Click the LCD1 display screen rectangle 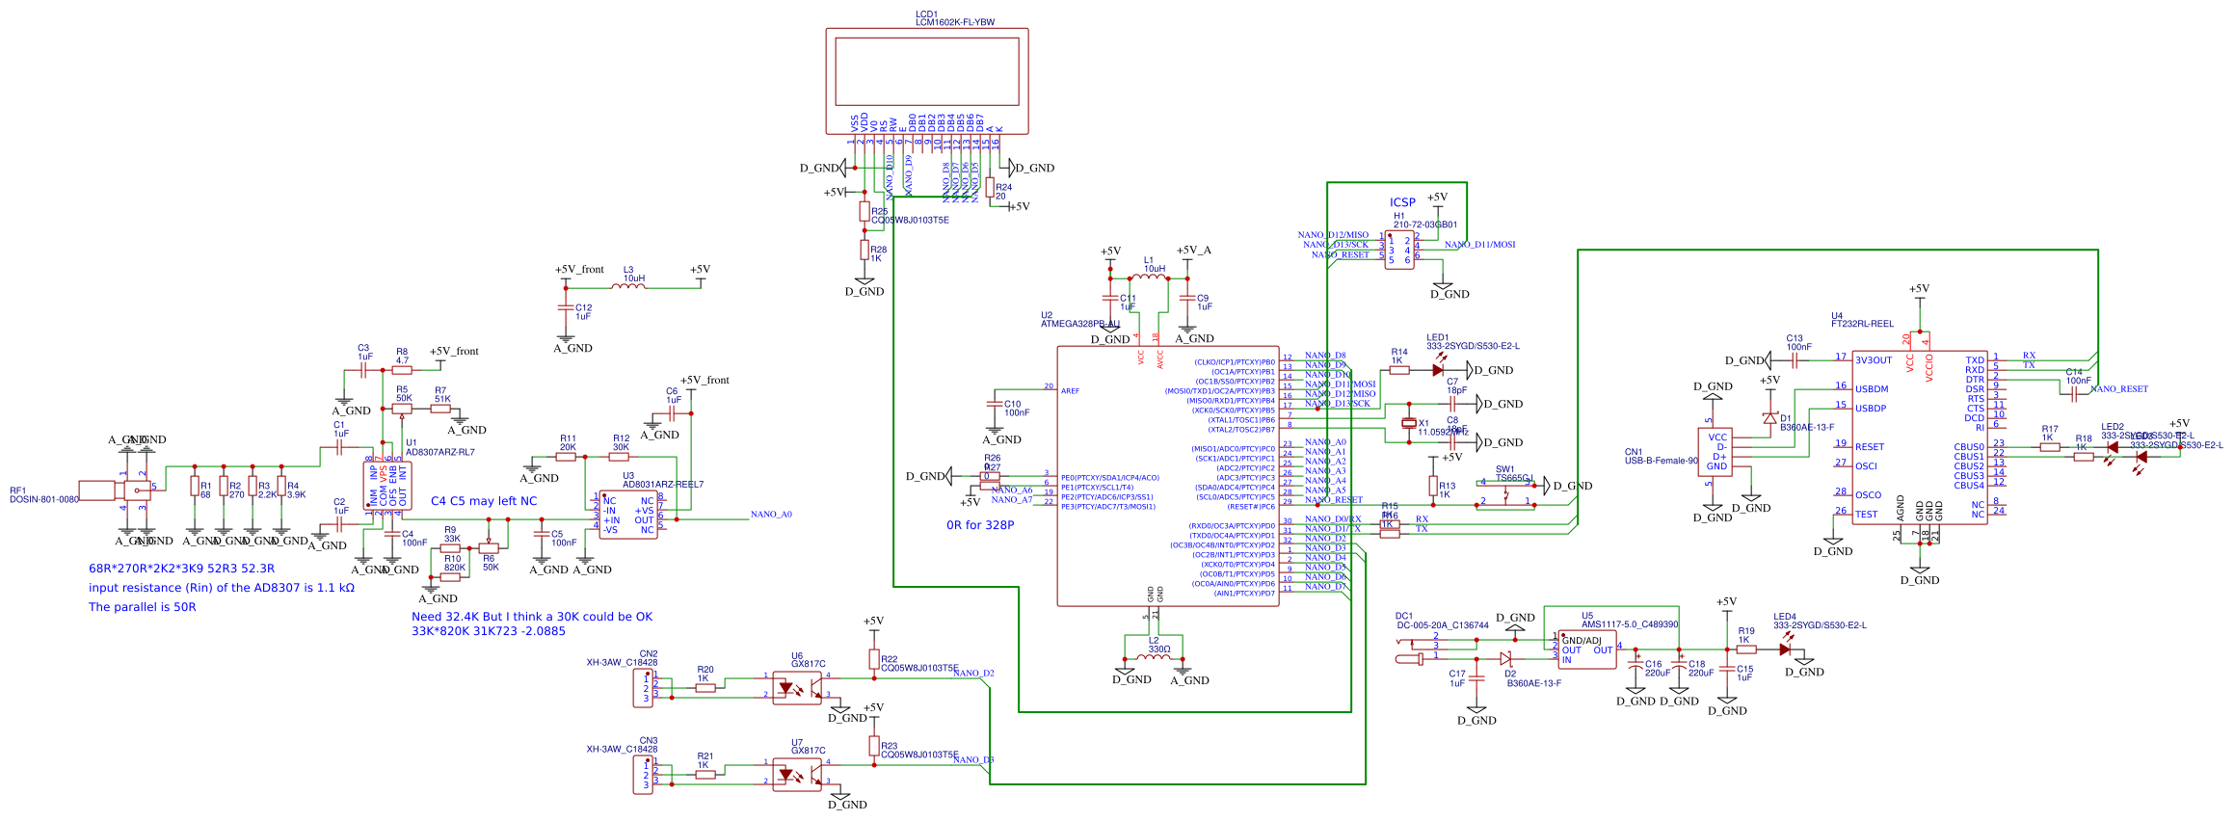pos(926,71)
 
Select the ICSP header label pos(1402,202)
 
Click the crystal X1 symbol pos(1409,423)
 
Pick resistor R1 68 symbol pos(195,487)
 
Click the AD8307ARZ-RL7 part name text pos(439,452)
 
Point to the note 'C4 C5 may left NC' pos(483,501)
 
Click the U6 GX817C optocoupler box pos(798,688)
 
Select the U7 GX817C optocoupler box pos(798,775)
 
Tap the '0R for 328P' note pos(979,525)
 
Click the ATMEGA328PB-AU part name pos(1079,324)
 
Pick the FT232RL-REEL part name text pos(1862,324)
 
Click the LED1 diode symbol pos(1438,370)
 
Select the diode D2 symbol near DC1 pos(1505,658)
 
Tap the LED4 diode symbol pos(1785,649)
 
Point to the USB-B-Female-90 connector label pos(1662,461)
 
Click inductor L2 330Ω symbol pos(1154,657)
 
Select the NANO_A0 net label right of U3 pos(771,515)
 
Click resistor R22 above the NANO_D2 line pos(874,660)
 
